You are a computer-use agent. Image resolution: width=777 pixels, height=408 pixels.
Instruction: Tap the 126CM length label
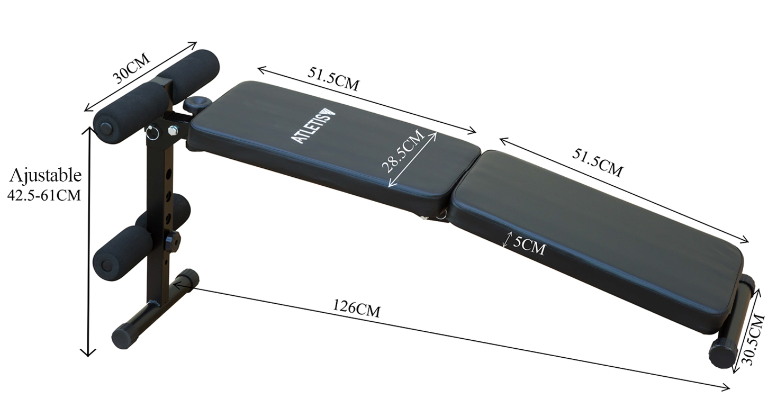click(x=357, y=308)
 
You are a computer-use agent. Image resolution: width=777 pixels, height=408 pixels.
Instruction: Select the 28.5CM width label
click(x=403, y=151)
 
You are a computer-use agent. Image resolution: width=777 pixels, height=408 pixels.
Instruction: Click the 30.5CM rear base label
click(x=755, y=339)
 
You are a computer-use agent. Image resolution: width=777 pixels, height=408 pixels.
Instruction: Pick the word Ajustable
click(x=46, y=176)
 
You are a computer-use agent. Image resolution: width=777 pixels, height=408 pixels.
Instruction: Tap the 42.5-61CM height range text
click(x=44, y=195)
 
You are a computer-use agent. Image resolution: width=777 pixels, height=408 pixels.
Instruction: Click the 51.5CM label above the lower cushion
click(x=598, y=162)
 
